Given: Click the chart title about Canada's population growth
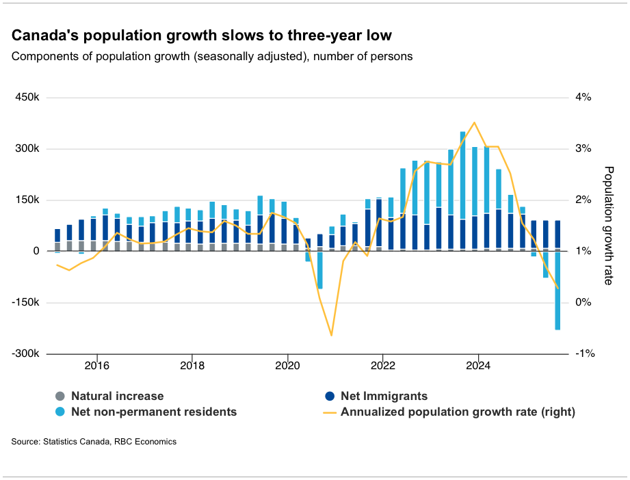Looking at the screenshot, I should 202,35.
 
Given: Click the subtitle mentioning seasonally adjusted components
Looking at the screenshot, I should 212,56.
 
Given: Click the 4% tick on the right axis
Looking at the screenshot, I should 583,97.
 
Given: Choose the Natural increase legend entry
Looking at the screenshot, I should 117,396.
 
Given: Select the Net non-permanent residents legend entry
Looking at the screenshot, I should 154,412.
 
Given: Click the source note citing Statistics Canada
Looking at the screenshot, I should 94,442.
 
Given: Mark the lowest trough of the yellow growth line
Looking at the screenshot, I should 332,335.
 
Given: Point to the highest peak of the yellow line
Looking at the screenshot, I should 475,122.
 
